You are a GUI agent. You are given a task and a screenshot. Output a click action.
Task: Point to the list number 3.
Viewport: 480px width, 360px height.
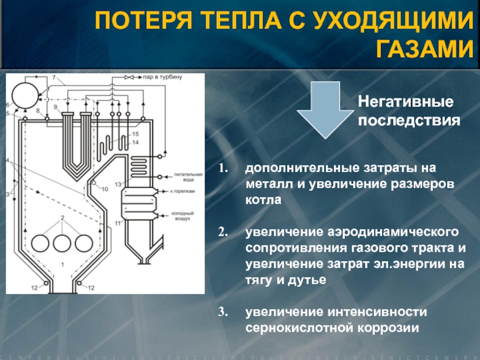coord(221,313)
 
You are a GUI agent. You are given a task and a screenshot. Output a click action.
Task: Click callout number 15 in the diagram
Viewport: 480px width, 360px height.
coord(135,134)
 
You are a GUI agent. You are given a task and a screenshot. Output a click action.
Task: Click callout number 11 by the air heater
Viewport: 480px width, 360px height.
coord(118,223)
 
